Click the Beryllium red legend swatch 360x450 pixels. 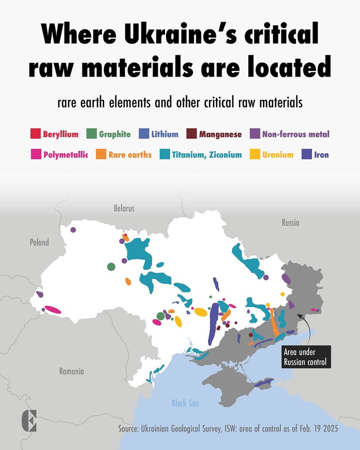[x=35, y=134]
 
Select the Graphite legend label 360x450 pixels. [x=115, y=134]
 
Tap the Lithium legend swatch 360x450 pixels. [x=144, y=134]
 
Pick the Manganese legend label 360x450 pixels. [x=220, y=134]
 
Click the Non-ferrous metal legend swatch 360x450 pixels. [x=255, y=134]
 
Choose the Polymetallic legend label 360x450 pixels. [x=65, y=154]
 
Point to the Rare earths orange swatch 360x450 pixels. [x=101, y=154]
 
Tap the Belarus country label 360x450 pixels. [x=124, y=208]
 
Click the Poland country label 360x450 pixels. [x=39, y=242]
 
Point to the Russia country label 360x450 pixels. [x=290, y=223]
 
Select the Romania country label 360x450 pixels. [x=72, y=372]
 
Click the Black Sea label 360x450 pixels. [x=185, y=403]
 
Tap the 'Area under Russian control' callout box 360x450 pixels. [x=306, y=357]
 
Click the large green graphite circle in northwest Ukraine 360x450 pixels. [x=111, y=267]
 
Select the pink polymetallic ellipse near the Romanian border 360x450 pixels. [x=53, y=309]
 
